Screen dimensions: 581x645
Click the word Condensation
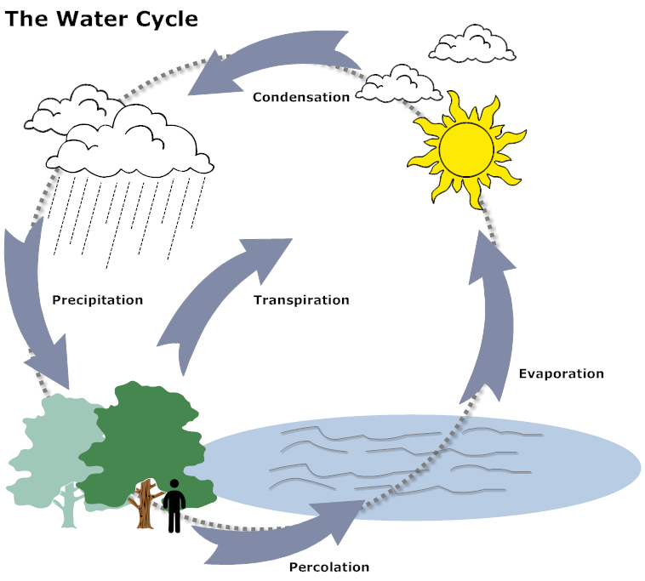301,97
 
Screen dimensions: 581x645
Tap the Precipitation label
97,300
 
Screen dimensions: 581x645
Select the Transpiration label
301,300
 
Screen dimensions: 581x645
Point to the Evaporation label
561,373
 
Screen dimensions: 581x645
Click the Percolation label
329,567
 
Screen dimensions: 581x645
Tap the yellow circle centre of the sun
466,147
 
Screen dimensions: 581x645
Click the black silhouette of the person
174,505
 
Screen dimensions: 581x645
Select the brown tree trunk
146,506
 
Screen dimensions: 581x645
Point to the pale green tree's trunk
66,510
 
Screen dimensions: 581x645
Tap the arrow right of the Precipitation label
34,306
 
